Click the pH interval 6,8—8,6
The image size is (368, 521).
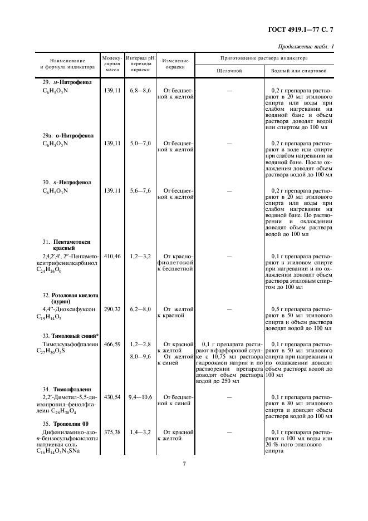pos(140,90)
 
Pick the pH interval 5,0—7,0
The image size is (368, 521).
pos(140,143)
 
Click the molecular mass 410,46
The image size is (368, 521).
pos(112,256)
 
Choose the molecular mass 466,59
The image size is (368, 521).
pos(112,345)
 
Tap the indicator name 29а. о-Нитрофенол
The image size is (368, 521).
pos(68,135)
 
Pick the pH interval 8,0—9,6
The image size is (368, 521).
pos(140,356)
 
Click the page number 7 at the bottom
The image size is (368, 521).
pos(184,464)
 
